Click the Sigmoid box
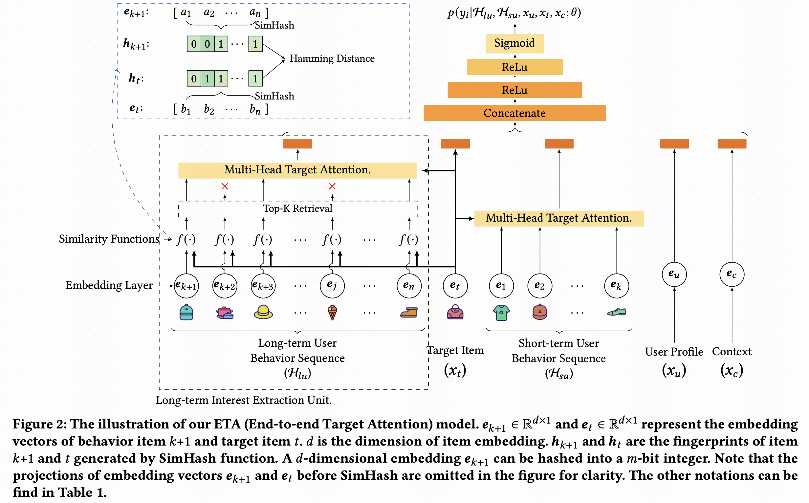click(x=514, y=43)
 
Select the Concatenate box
click(x=514, y=113)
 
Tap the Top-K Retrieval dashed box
click(x=297, y=208)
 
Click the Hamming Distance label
click(x=332, y=58)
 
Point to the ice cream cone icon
click(x=332, y=312)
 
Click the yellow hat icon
click(x=263, y=312)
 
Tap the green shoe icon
click(x=616, y=312)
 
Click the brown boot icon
click(x=409, y=312)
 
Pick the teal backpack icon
click(x=186, y=312)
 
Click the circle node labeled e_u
click(x=674, y=274)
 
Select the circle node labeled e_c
click(x=732, y=274)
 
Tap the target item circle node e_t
click(x=455, y=285)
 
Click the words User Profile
click(x=674, y=352)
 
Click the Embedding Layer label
click(x=109, y=285)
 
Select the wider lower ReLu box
click(x=514, y=90)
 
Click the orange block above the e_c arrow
click(x=732, y=144)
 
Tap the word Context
click(x=732, y=351)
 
